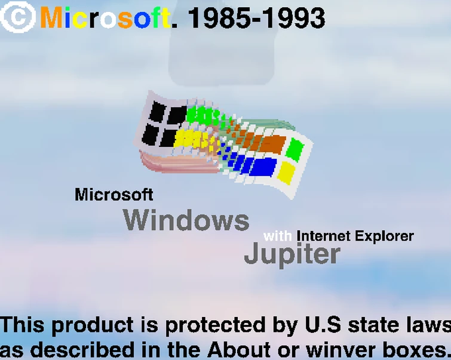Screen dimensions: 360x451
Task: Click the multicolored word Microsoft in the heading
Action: (x=105, y=18)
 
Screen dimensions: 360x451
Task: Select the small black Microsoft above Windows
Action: (x=113, y=194)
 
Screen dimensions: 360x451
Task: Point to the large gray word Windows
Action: (x=186, y=220)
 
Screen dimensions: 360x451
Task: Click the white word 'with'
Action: (x=278, y=236)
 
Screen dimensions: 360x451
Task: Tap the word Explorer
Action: (x=384, y=236)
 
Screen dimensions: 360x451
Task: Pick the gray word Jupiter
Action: (x=292, y=254)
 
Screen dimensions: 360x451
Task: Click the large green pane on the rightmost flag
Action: (x=294, y=149)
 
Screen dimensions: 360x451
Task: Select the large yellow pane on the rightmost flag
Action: (x=287, y=173)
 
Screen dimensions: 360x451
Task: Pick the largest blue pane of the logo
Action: (x=262, y=166)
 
